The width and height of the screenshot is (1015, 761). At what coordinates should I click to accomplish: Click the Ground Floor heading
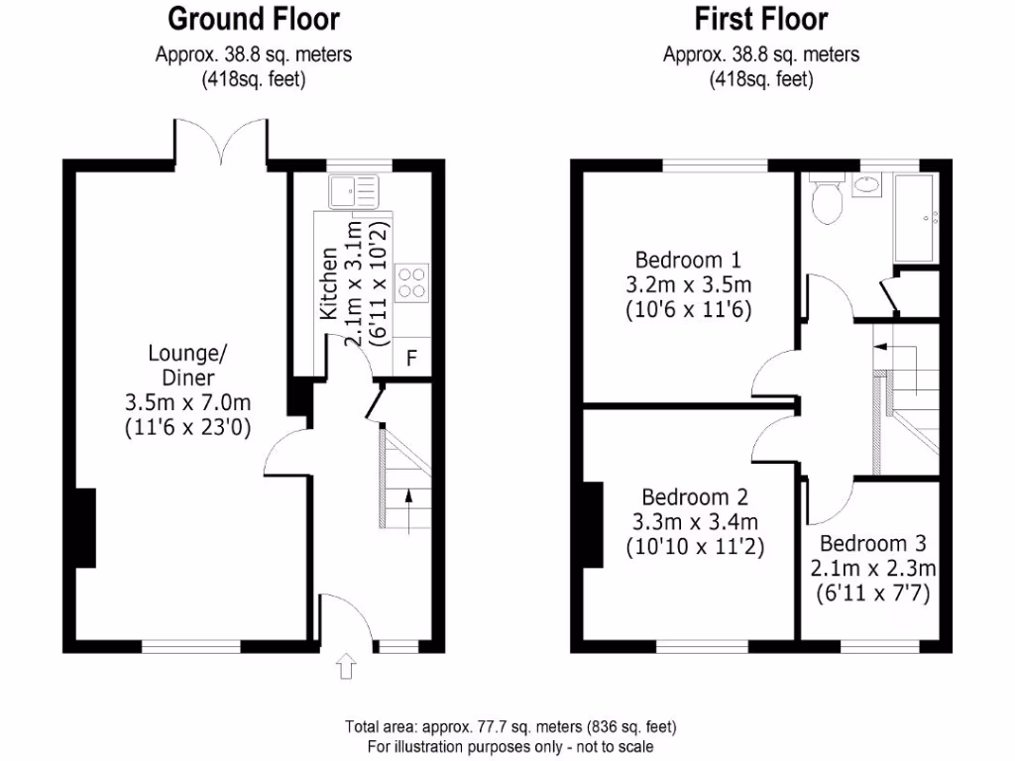click(x=253, y=19)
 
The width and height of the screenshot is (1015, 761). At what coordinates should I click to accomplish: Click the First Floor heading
click(x=760, y=19)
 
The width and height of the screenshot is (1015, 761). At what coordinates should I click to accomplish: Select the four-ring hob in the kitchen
click(x=412, y=281)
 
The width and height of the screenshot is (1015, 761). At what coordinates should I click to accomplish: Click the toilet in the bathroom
click(x=826, y=199)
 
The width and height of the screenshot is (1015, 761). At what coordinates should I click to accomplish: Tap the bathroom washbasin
click(x=867, y=184)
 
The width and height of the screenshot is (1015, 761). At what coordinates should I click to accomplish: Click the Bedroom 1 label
click(x=688, y=261)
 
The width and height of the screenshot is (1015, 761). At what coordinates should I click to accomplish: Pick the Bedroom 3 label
click(x=871, y=544)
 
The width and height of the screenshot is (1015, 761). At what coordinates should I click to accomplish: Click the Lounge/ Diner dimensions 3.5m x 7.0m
click(x=187, y=403)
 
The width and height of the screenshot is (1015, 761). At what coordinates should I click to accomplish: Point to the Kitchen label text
click(x=330, y=283)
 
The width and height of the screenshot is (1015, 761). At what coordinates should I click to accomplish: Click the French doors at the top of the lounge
click(x=221, y=142)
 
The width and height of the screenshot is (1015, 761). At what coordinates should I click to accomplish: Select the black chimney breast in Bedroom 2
click(x=594, y=523)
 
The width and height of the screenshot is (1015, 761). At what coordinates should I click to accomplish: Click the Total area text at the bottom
click(x=510, y=727)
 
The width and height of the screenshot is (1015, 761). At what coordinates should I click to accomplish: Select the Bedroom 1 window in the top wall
click(x=714, y=163)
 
